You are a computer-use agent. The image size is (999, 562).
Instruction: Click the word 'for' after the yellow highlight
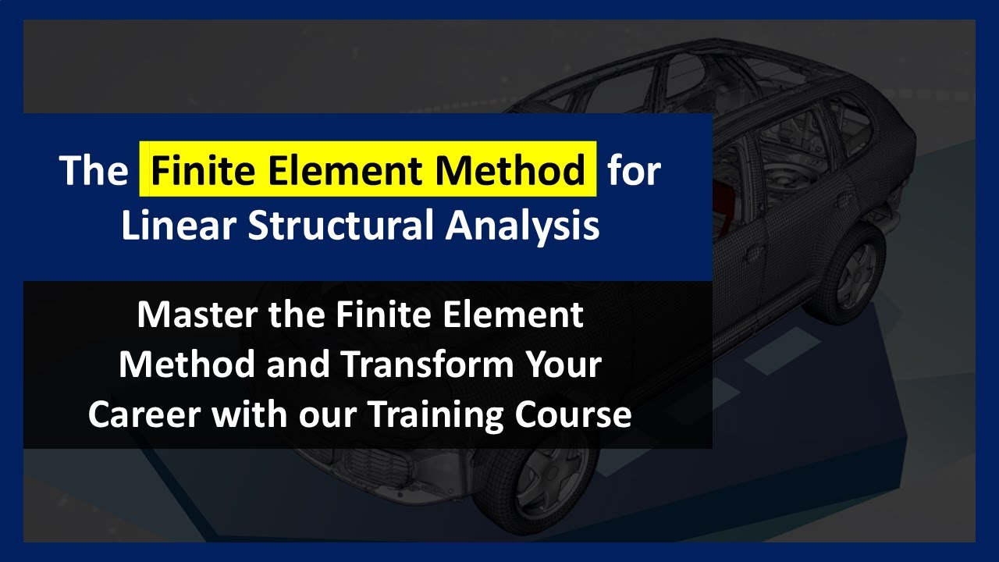click(x=634, y=171)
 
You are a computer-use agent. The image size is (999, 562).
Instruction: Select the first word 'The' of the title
click(x=94, y=171)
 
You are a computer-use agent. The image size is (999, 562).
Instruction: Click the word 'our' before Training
click(x=325, y=415)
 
